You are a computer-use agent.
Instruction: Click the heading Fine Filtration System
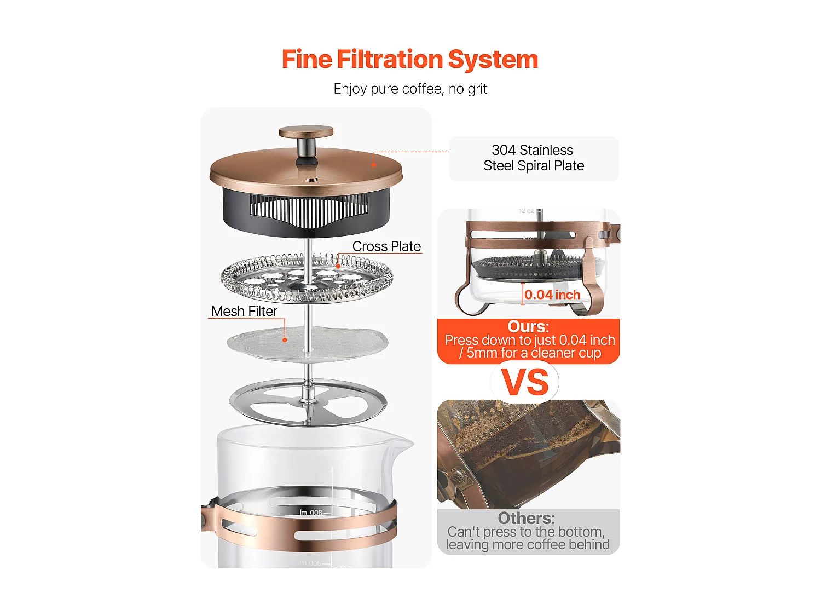point(410,60)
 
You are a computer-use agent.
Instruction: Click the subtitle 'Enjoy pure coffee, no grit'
point(410,89)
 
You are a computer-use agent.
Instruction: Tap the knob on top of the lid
point(306,133)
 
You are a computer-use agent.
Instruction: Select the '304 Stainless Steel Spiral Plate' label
point(534,158)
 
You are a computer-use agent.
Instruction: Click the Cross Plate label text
point(386,246)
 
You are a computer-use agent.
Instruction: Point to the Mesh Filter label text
point(244,311)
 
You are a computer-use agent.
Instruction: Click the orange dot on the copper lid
point(374,164)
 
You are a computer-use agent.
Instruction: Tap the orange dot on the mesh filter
point(285,340)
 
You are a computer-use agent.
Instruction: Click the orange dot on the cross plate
point(338,266)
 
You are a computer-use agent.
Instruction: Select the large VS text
point(525,382)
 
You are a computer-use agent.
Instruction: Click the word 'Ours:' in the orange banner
point(528,326)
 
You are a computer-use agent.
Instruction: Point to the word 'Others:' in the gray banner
point(526,518)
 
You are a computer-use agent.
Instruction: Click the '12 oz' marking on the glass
point(526,211)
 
